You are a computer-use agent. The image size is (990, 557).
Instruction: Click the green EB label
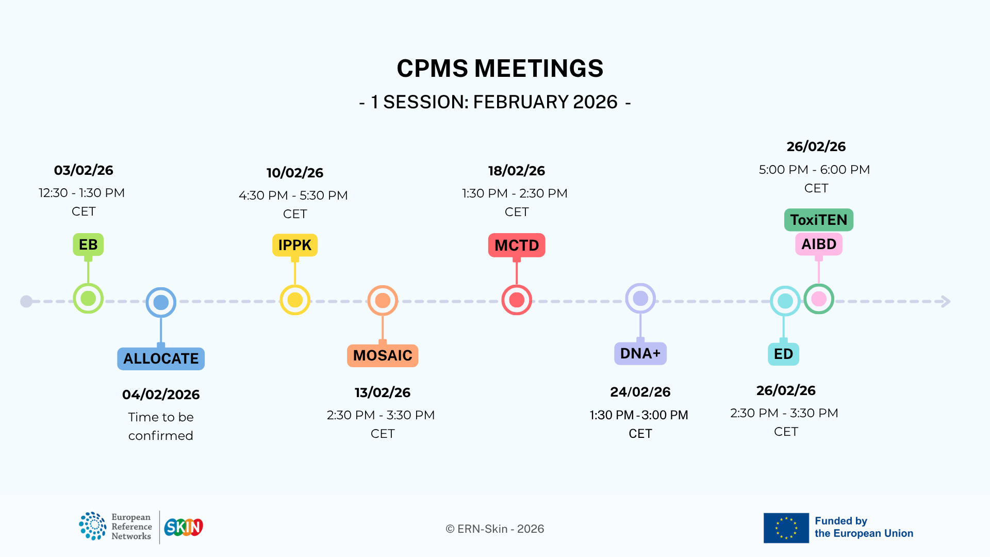(x=88, y=244)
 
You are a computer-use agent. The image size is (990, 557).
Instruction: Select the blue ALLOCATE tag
(x=161, y=358)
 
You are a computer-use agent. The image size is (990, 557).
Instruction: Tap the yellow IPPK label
(x=295, y=245)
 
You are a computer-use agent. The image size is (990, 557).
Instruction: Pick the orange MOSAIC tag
(x=383, y=355)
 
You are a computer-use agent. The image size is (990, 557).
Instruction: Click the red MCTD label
(x=517, y=245)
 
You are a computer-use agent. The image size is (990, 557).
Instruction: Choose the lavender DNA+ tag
(x=640, y=353)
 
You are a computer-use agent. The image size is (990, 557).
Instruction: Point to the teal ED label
(x=784, y=354)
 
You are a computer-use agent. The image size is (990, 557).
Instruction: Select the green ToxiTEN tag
(x=819, y=220)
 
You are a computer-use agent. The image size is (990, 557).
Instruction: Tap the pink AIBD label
(x=819, y=244)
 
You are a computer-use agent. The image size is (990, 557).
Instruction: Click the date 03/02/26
(x=84, y=170)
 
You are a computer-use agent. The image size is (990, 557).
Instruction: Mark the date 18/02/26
(x=517, y=171)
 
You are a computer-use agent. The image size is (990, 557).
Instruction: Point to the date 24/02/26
(x=640, y=392)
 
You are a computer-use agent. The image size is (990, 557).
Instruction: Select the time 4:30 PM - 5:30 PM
(x=293, y=195)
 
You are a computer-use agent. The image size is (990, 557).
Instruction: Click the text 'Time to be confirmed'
(x=161, y=427)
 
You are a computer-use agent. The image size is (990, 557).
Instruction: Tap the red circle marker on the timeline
(x=517, y=300)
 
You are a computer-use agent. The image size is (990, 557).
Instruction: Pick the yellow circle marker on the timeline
(x=295, y=300)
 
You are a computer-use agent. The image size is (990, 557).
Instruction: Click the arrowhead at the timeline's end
(x=946, y=301)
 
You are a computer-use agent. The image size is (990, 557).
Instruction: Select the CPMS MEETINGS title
(x=500, y=68)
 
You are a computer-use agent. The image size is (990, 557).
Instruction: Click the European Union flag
(x=786, y=528)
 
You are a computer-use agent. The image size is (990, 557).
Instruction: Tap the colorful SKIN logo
(x=184, y=527)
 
